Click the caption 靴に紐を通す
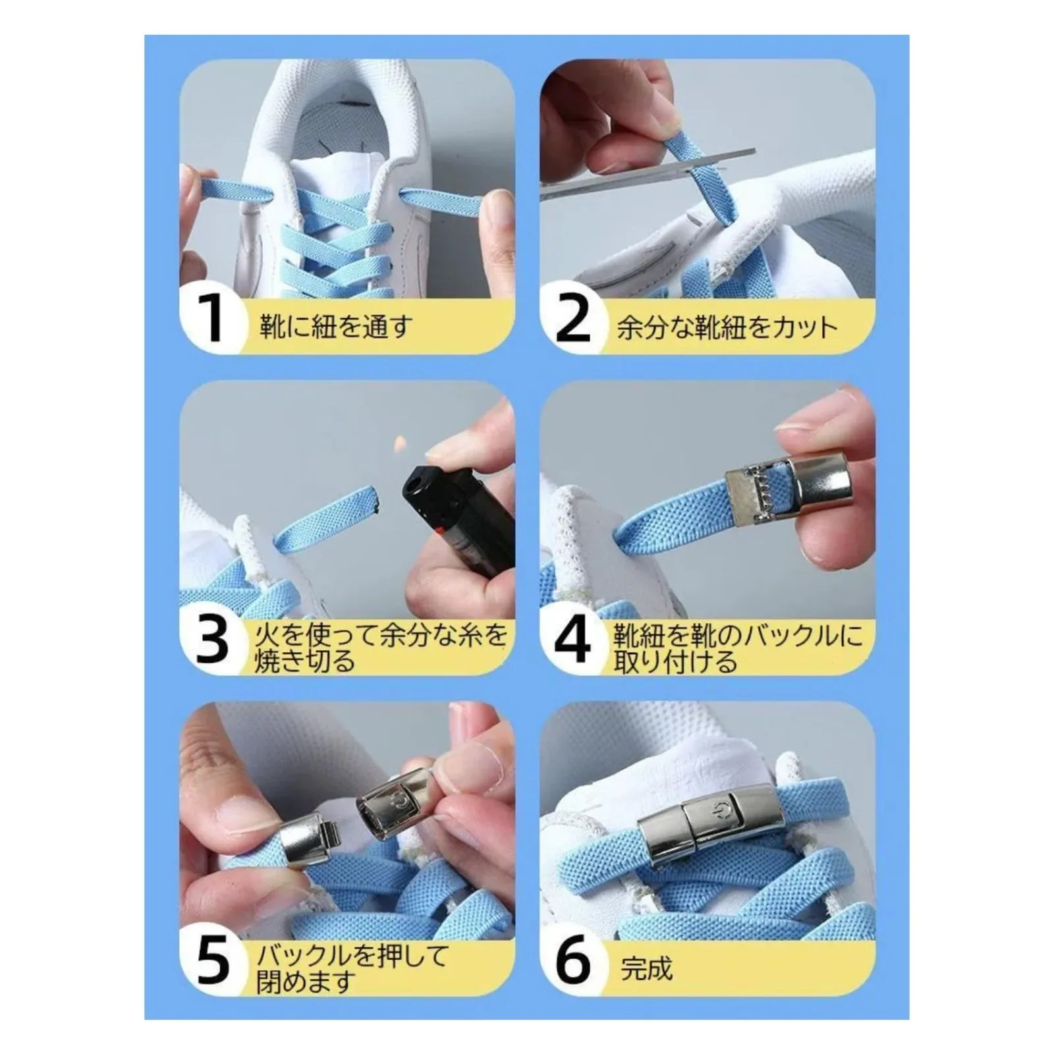coord(335,326)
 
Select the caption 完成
coord(646,969)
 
